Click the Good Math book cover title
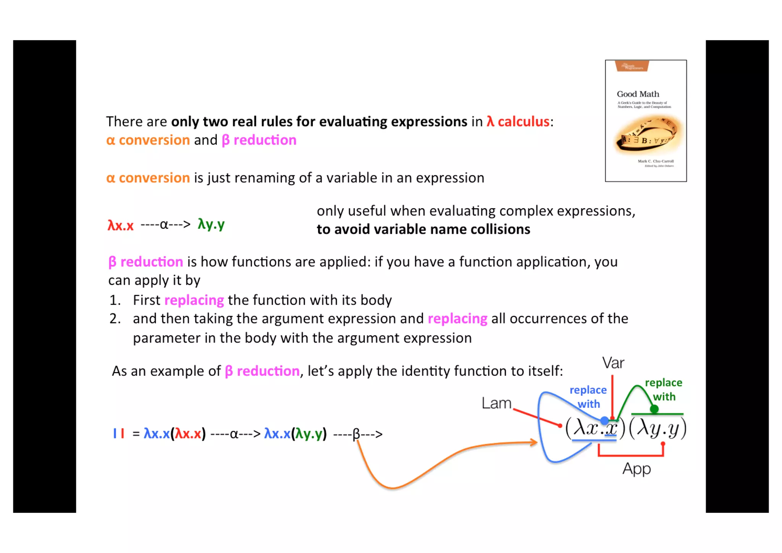coord(638,94)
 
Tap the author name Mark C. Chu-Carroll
coord(655,161)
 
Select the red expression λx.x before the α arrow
coord(120,225)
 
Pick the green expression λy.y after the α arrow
coord(211,224)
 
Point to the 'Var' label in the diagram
coord(613,363)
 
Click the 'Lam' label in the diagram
coord(496,403)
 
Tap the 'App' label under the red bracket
coord(637,469)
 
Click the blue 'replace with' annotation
coord(588,397)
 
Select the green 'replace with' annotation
coord(664,390)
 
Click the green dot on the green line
coord(654,409)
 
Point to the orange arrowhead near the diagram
coord(534,442)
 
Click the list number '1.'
coord(115,300)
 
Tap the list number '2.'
coord(115,319)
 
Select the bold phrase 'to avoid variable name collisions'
coord(423,229)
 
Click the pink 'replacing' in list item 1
coord(194,300)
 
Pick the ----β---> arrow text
coord(357,434)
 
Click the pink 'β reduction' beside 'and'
coord(259,140)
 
